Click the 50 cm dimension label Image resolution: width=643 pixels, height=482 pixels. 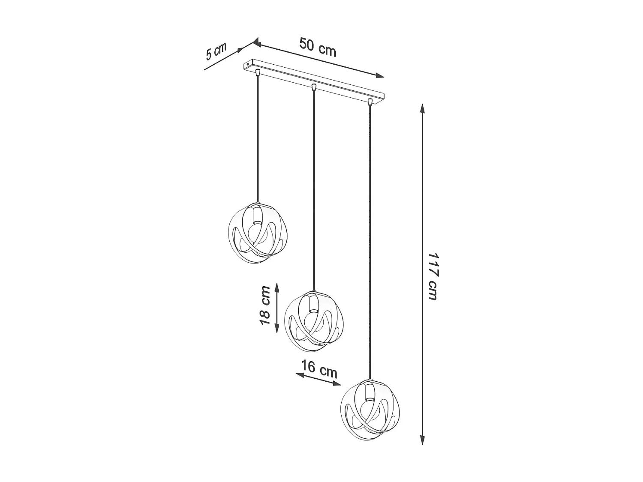[x=318, y=48]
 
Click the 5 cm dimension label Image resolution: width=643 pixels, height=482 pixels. [x=215, y=51]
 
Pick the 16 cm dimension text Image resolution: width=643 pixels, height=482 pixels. [x=319, y=369]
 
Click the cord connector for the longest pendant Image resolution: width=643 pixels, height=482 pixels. [x=370, y=102]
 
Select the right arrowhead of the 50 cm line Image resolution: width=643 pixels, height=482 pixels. [x=380, y=76]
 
